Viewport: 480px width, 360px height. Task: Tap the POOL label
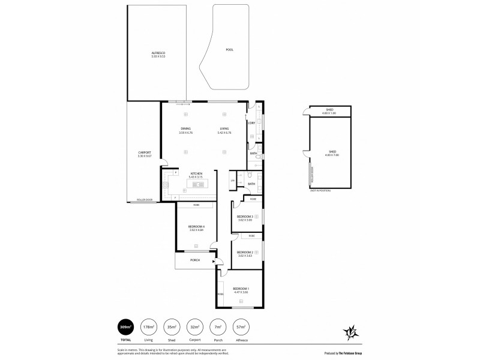coord(229,50)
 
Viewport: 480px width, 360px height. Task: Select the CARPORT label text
coord(145,154)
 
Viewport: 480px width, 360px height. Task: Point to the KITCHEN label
coord(196,175)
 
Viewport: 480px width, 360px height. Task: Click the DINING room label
coord(186,130)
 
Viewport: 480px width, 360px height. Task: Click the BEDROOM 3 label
coord(244,217)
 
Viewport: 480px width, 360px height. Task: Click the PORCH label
coord(194,260)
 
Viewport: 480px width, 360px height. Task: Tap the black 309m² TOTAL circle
coord(125,327)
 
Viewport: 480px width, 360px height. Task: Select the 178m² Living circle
coord(148,327)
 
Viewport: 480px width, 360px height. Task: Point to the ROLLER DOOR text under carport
coord(144,199)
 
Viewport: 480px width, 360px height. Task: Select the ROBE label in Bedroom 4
coord(197,206)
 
